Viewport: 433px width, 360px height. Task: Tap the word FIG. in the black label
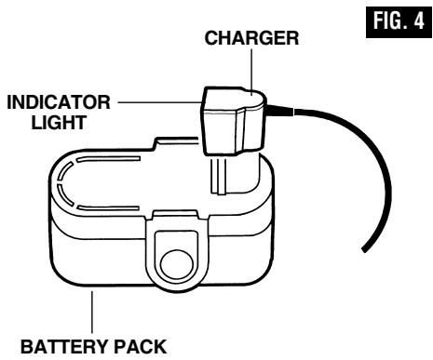pyautogui.click(x=386, y=20)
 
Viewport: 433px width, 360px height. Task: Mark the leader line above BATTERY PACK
pyautogui.click(x=91, y=311)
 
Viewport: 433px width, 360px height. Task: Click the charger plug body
pyautogui.click(x=233, y=116)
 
